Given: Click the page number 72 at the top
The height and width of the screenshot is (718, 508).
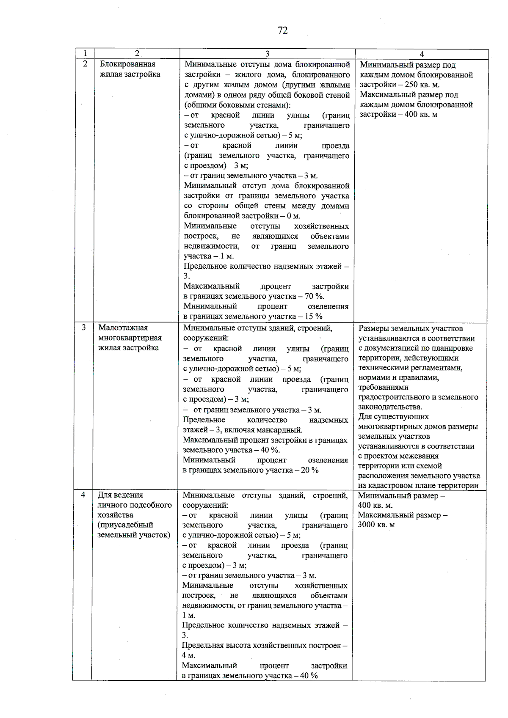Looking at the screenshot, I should (283, 30).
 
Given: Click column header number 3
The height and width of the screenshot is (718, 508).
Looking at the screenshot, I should (267, 54).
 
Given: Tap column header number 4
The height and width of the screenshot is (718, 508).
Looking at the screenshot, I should (421, 54).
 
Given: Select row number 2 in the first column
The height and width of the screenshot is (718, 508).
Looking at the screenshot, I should (85, 64).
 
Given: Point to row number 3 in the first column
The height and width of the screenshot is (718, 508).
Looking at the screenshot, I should (84, 327).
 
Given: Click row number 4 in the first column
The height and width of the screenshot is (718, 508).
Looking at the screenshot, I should (83, 495).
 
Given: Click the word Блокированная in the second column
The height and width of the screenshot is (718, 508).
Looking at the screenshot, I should (127, 64).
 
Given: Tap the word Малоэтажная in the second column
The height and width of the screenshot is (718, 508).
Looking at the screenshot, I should (123, 327).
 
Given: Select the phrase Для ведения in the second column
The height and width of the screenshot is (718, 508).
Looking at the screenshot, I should (120, 495).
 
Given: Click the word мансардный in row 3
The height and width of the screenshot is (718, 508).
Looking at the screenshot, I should (281, 430).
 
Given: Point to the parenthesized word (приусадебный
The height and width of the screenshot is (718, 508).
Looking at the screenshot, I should (125, 525).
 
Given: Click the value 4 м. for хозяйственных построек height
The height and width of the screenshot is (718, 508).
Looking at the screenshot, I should (188, 655).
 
